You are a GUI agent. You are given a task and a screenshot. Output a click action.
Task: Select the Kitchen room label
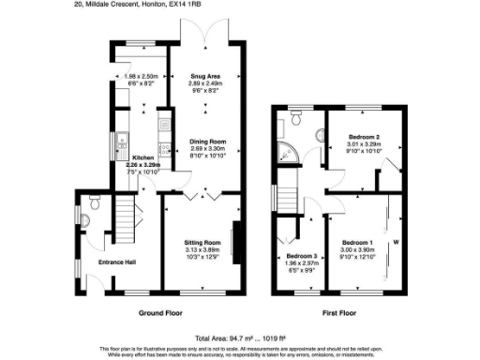(143, 157)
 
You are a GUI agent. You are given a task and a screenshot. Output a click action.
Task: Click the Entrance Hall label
(118, 262)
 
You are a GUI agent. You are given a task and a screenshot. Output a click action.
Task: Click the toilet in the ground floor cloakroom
(95, 201)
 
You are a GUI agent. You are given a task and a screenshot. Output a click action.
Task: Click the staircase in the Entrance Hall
(127, 221)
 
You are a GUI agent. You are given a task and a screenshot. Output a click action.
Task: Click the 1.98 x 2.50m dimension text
(142, 77)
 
